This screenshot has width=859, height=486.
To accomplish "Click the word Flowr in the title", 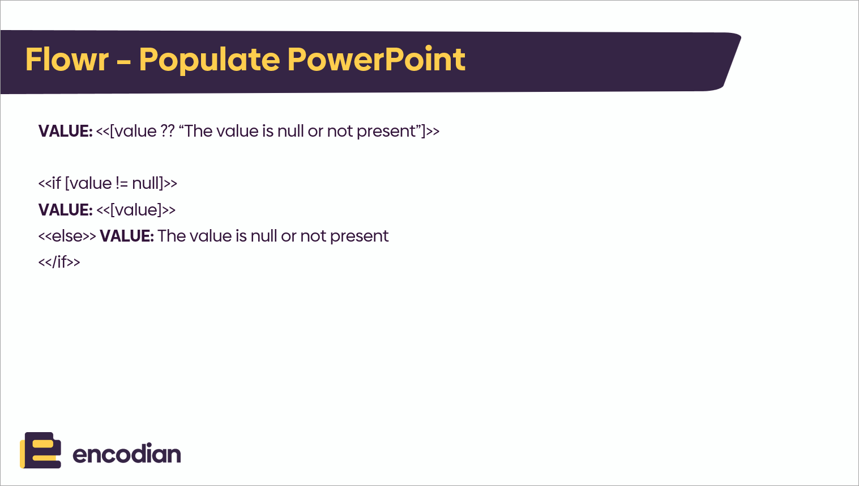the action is pyautogui.click(x=67, y=60).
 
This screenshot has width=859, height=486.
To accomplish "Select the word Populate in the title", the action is pyautogui.click(x=210, y=60).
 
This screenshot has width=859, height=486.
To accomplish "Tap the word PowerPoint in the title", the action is pyautogui.click(x=376, y=60).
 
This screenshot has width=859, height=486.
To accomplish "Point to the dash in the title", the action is pyautogui.click(x=124, y=61).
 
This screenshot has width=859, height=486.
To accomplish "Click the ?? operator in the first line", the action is pyautogui.click(x=168, y=131).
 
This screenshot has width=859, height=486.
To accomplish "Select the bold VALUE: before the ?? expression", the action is pyautogui.click(x=66, y=132).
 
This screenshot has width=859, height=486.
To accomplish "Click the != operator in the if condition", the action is pyautogui.click(x=122, y=183).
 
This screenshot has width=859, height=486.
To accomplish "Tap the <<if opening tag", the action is pyautogui.click(x=49, y=183).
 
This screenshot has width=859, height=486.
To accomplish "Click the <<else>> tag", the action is pyautogui.click(x=67, y=236).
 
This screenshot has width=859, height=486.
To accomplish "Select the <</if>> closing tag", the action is pyautogui.click(x=59, y=262).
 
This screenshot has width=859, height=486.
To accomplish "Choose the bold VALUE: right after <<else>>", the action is pyautogui.click(x=127, y=236).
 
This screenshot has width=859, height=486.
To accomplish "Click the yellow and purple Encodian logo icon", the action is pyautogui.click(x=40, y=450).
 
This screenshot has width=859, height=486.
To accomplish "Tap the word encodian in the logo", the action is pyautogui.click(x=126, y=454).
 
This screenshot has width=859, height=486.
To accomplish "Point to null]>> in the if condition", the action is pyautogui.click(x=155, y=183).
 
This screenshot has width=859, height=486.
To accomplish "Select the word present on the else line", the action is pyautogui.click(x=360, y=236).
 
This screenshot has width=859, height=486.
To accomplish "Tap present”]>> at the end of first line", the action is pyautogui.click(x=398, y=132).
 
